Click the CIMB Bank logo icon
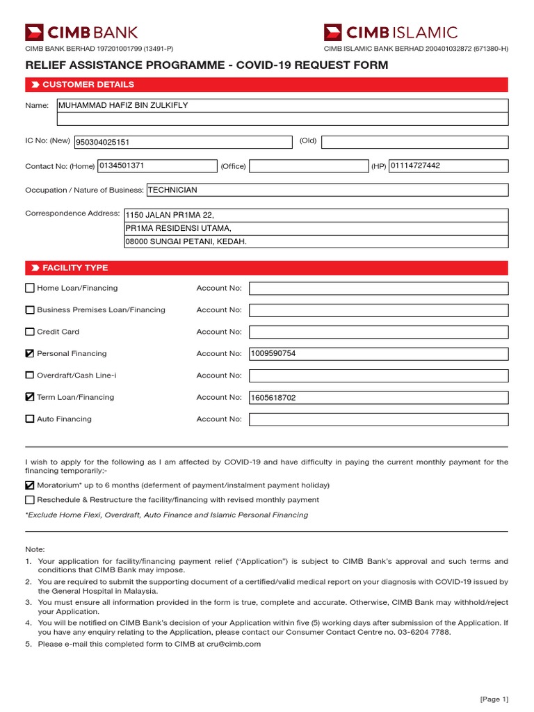[x=34, y=32]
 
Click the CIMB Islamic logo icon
[x=334, y=32]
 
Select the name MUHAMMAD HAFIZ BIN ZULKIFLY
[x=123, y=106]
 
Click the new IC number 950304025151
[x=107, y=143]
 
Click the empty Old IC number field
[x=414, y=142]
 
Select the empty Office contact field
[x=308, y=166]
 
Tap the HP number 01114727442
[x=415, y=166]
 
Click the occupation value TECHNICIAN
[x=172, y=190]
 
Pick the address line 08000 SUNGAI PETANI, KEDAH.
[x=186, y=242]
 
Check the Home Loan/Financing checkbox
[x=29, y=288]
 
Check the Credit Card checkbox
[x=29, y=332]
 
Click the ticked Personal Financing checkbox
[x=29, y=354]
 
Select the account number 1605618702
[x=273, y=398]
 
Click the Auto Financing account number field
[x=378, y=419]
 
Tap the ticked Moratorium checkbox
[x=29, y=485]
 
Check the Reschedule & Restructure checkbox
[x=29, y=500]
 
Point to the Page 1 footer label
[x=494, y=699]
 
